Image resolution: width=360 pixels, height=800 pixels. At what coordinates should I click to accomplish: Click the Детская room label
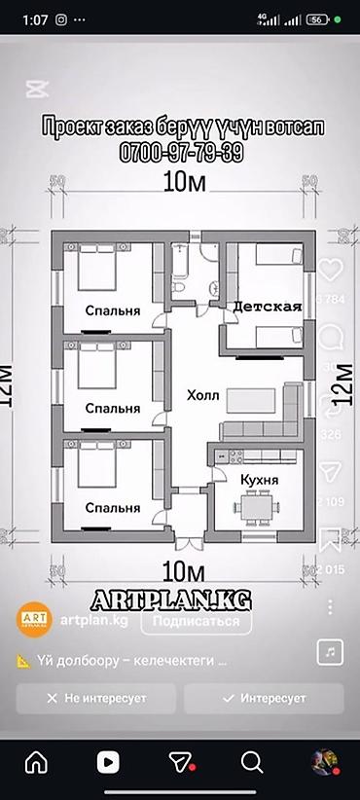[x=267, y=306]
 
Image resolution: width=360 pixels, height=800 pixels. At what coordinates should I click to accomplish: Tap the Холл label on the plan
[x=203, y=396]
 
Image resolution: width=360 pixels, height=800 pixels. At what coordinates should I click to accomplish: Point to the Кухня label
[x=259, y=480]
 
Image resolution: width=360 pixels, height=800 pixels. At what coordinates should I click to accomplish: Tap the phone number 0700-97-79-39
[x=181, y=154]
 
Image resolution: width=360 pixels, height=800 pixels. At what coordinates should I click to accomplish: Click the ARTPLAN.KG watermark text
[x=181, y=596]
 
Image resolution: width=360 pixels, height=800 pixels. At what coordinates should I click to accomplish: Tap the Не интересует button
[x=95, y=699]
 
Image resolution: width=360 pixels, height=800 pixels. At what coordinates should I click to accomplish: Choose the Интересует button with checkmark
[x=263, y=699]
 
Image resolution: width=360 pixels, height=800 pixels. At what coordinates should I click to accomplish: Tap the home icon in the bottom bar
[x=36, y=760]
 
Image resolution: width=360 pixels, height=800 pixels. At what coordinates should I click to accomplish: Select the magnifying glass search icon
[x=252, y=760]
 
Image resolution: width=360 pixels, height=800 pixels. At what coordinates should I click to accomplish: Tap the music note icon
[x=332, y=649]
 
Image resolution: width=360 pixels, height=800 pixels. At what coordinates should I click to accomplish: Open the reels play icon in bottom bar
[x=108, y=760]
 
